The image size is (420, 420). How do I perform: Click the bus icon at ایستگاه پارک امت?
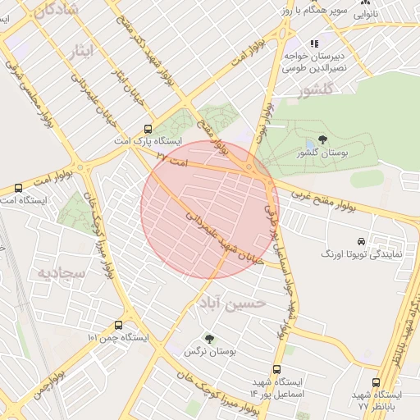pos(148,128)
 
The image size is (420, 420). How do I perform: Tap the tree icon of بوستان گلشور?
pos(322,139)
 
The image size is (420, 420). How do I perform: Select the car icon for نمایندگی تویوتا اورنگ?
pos(362,241)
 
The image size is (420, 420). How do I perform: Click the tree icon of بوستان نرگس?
pos(209,338)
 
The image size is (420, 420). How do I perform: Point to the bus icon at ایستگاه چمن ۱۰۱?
pos(119,325)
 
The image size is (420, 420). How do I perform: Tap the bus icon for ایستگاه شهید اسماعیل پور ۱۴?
pos(276,370)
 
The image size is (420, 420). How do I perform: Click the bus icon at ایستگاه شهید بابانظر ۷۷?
pos(376,382)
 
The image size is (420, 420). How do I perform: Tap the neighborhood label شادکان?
pos(57,10)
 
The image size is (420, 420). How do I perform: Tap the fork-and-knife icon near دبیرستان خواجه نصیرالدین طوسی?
pos(313,43)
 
